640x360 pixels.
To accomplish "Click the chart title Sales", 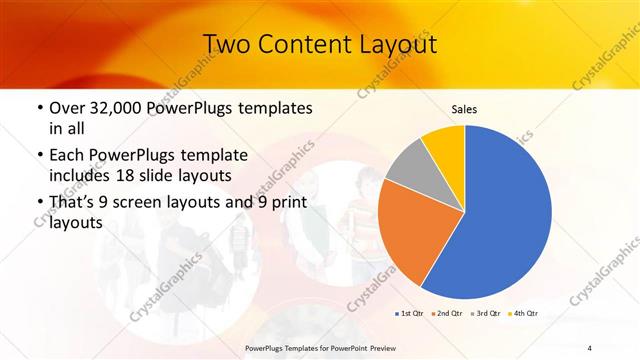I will coord(465,109).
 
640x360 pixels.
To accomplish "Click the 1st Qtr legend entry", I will coord(410,314).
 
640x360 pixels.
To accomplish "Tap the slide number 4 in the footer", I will coord(590,346).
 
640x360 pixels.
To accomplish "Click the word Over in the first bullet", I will coord(68,107).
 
